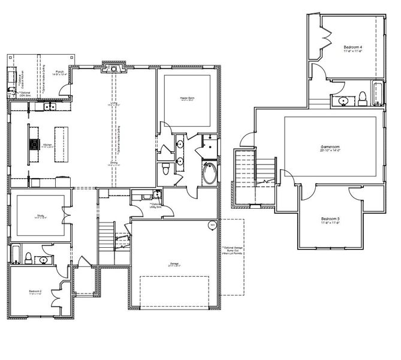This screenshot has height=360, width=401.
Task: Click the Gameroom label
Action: click(330, 148)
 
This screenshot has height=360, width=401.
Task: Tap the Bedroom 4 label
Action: click(352, 49)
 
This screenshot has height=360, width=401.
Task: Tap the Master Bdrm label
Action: click(186, 97)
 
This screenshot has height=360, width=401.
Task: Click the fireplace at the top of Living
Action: click(112, 69)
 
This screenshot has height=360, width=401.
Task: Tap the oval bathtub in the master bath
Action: click(210, 174)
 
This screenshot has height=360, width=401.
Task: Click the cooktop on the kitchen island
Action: click(33, 144)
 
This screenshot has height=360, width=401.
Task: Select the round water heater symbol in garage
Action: click(211, 226)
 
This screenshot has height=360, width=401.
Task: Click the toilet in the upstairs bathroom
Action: click(362, 98)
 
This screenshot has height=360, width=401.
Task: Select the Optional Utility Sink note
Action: click(143, 206)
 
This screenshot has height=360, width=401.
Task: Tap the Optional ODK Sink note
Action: click(24, 93)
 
